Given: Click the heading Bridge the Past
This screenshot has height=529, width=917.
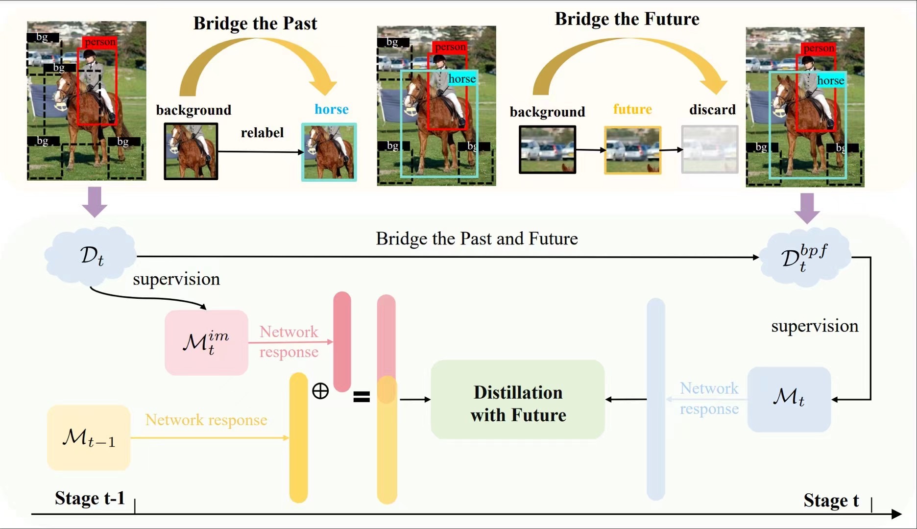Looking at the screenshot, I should pyautogui.click(x=255, y=24).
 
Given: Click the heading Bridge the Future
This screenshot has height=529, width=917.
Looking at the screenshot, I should pyautogui.click(x=627, y=19).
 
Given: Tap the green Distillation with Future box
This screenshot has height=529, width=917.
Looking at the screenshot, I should pyautogui.click(x=517, y=400).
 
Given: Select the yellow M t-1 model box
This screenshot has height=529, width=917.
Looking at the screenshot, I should pyautogui.click(x=89, y=437).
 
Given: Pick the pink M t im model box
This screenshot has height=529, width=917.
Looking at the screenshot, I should pyautogui.click(x=206, y=342).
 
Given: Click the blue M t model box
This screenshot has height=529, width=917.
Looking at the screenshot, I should pyautogui.click(x=789, y=399).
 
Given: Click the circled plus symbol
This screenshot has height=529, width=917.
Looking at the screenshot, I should pyautogui.click(x=320, y=391).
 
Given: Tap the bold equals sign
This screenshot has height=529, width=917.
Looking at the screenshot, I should pyautogui.click(x=362, y=396).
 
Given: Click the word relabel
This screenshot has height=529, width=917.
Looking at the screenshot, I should pyautogui.click(x=262, y=133).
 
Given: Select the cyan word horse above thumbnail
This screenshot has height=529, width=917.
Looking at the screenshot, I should pyautogui.click(x=332, y=109).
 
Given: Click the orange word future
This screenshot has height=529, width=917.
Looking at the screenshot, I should pyautogui.click(x=632, y=109).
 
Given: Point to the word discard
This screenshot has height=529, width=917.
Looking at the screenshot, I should pyautogui.click(x=712, y=109).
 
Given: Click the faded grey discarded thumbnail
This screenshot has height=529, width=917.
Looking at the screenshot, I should pyautogui.click(x=710, y=149).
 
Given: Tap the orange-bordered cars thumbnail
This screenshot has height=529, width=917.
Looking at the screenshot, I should pyautogui.click(x=632, y=150).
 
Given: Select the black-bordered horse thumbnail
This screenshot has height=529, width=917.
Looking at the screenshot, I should pyautogui.click(x=191, y=151).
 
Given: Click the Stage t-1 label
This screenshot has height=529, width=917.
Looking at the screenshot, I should pyautogui.click(x=90, y=498).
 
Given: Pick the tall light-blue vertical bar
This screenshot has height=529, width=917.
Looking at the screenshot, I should pyautogui.click(x=655, y=399).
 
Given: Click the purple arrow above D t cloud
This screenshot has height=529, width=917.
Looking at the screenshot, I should pyautogui.click(x=95, y=201).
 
